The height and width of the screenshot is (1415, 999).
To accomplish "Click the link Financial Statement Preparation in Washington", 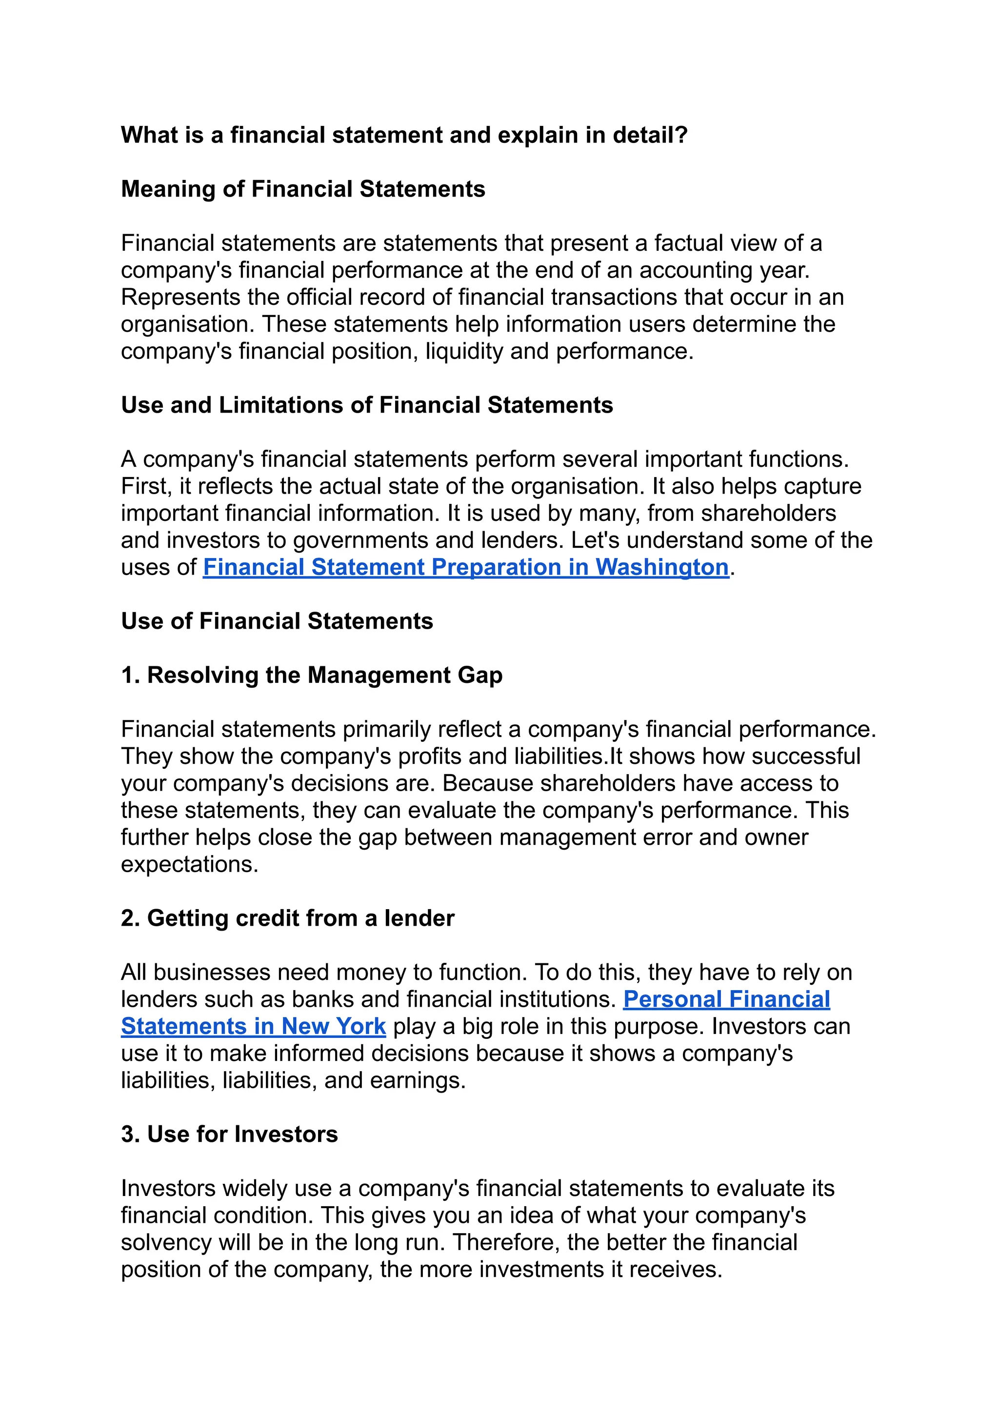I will coord(465,567).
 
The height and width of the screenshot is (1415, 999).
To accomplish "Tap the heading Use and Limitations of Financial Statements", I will coord(367,405).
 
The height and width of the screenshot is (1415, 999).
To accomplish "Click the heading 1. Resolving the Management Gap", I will coord(311,676).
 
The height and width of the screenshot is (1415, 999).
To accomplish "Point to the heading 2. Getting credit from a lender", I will coord(287,918).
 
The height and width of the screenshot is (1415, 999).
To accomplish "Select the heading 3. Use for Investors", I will coord(229,1134).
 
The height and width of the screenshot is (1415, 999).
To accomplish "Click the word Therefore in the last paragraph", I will coord(505,1242).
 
